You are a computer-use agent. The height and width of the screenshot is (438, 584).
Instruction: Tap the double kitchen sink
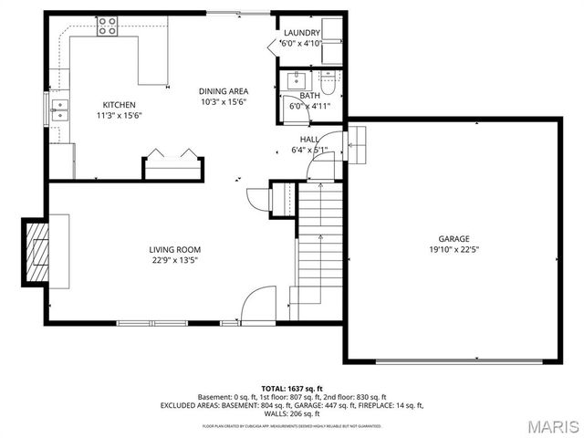pyautogui.click(x=61, y=113)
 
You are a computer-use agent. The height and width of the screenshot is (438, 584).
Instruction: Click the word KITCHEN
pyautogui.click(x=120, y=104)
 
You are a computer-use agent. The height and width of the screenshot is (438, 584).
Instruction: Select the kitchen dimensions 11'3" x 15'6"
pyautogui.click(x=120, y=116)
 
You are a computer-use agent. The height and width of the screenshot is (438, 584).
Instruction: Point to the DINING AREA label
pyautogui.click(x=224, y=91)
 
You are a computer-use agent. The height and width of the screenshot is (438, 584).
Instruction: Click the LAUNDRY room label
pyautogui.click(x=301, y=33)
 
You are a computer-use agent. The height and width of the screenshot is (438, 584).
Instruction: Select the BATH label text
pyautogui.click(x=309, y=95)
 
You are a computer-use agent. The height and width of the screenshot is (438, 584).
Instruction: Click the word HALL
pyautogui.click(x=309, y=139)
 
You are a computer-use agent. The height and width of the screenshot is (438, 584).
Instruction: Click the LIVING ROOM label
pyautogui.click(x=175, y=249)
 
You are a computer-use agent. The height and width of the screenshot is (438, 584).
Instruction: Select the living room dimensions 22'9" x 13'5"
pyautogui.click(x=175, y=260)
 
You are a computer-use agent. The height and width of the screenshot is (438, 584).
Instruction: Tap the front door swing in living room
pyautogui.click(x=259, y=304)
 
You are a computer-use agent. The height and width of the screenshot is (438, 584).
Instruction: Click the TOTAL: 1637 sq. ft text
pyautogui.click(x=292, y=388)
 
